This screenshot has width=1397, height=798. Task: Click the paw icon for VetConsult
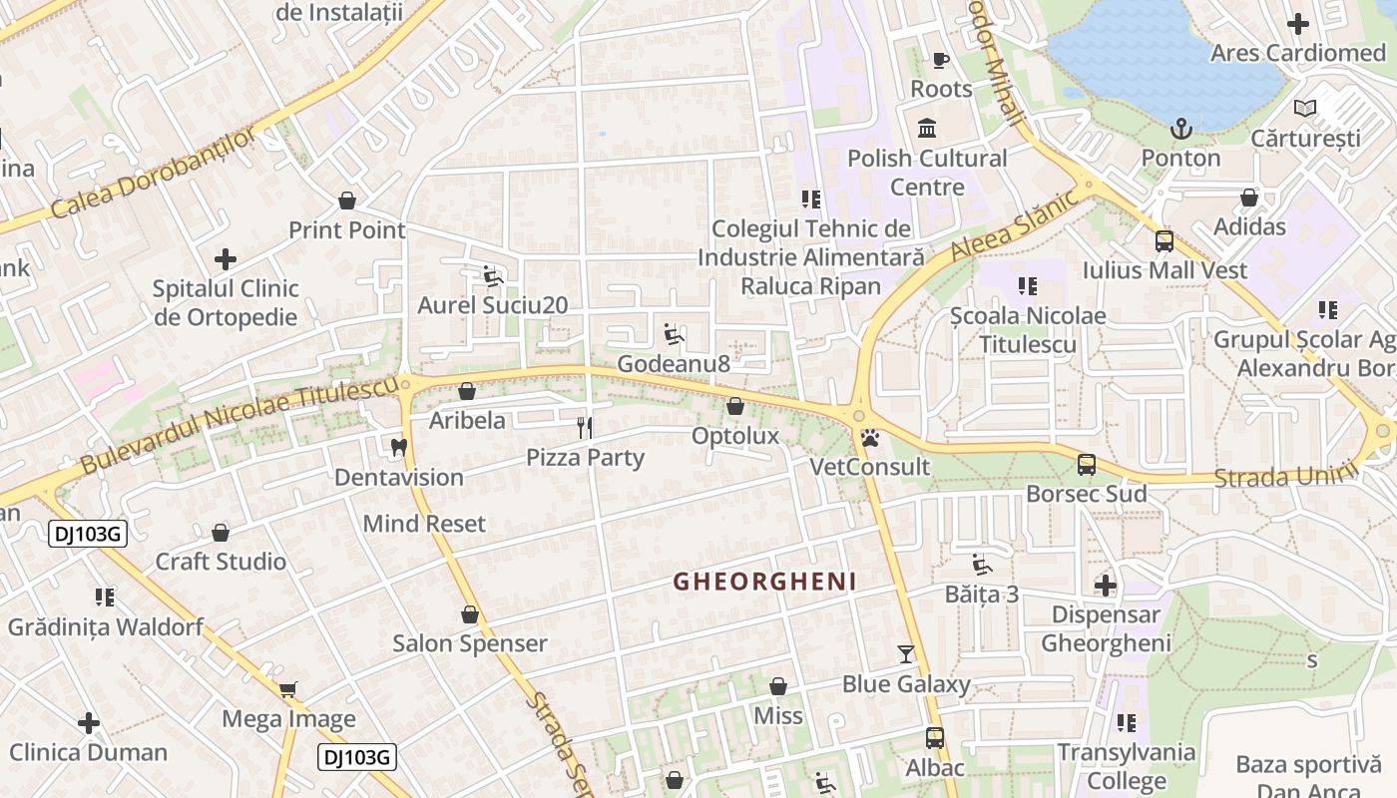click(x=869, y=437)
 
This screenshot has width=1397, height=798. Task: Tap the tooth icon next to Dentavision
click(x=399, y=448)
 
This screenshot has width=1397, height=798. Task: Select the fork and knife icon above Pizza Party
click(x=585, y=428)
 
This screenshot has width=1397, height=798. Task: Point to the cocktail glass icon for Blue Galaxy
click(x=906, y=654)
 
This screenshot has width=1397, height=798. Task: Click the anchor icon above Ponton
click(x=1181, y=129)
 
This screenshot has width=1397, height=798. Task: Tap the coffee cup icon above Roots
click(x=940, y=60)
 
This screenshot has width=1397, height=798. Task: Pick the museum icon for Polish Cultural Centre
click(x=927, y=129)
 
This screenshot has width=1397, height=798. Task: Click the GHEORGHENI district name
click(x=764, y=582)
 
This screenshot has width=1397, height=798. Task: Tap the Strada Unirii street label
click(x=1285, y=474)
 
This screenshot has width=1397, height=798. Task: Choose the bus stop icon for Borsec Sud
click(x=1087, y=465)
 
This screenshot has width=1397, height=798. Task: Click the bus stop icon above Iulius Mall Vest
click(x=1164, y=240)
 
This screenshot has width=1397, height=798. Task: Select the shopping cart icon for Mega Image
click(x=288, y=689)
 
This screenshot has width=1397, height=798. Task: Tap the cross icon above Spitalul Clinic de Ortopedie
click(x=226, y=259)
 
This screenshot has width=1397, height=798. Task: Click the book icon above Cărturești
click(x=1304, y=108)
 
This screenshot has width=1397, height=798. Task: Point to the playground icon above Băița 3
click(x=982, y=565)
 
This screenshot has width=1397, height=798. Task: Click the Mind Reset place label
click(x=424, y=524)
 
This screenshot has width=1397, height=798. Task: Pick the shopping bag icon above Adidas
click(x=1249, y=198)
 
